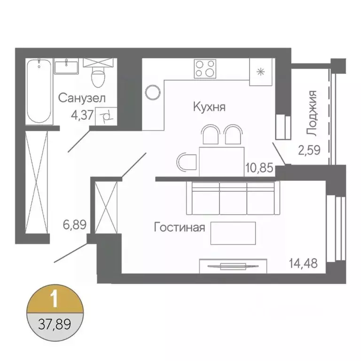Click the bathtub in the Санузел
click(x=38, y=90)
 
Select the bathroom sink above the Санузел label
click(x=68, y=66)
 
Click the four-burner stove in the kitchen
click(x=205, y=69)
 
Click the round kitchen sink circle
click(x=152, y=92)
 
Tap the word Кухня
click(x=210, y=107)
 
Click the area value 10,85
click(x=259, y=167)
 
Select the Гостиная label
click(x=180, y=228)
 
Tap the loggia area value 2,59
click(x=309, y=151)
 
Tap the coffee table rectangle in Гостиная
click(x=233, y=233)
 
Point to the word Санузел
click(x=82, y=98)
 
